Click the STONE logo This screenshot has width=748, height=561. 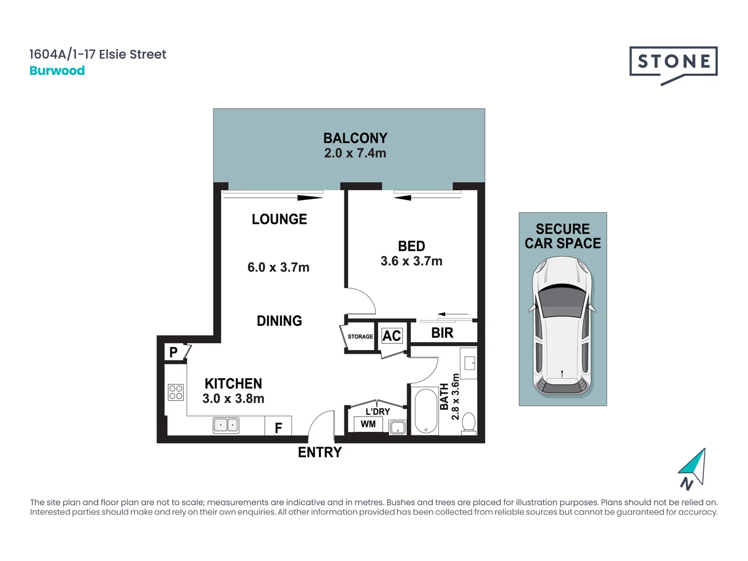tap(673, 62)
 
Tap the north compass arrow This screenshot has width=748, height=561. tap(693, 468)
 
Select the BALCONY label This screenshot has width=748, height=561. tap(355, 138)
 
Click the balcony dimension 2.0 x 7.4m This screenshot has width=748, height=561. tap(355, 153)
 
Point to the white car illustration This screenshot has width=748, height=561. tap(562, 326)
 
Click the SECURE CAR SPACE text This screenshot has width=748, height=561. tap(563, 236)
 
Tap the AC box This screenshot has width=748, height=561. tap(392, 336)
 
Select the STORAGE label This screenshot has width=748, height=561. tap(360, 337)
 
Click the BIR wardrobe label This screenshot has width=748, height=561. tap(442, 333)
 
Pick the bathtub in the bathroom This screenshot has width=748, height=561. tap(426, 411)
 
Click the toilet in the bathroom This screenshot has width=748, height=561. tap(469, 422)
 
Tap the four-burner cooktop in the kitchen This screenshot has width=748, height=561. tap(176, 392)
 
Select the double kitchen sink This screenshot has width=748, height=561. tap(226, 425)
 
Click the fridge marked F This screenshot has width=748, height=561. tap(278, 428)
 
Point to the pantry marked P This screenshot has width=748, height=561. tap(173, 352)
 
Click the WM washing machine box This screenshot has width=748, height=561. tap(368, 424)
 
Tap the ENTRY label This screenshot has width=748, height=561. tap(319, 452)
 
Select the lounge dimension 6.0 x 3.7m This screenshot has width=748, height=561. tap(278, 268)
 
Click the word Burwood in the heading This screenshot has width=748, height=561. tap(57, 71)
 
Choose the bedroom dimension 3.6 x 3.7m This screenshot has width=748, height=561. tap(411, 261)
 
